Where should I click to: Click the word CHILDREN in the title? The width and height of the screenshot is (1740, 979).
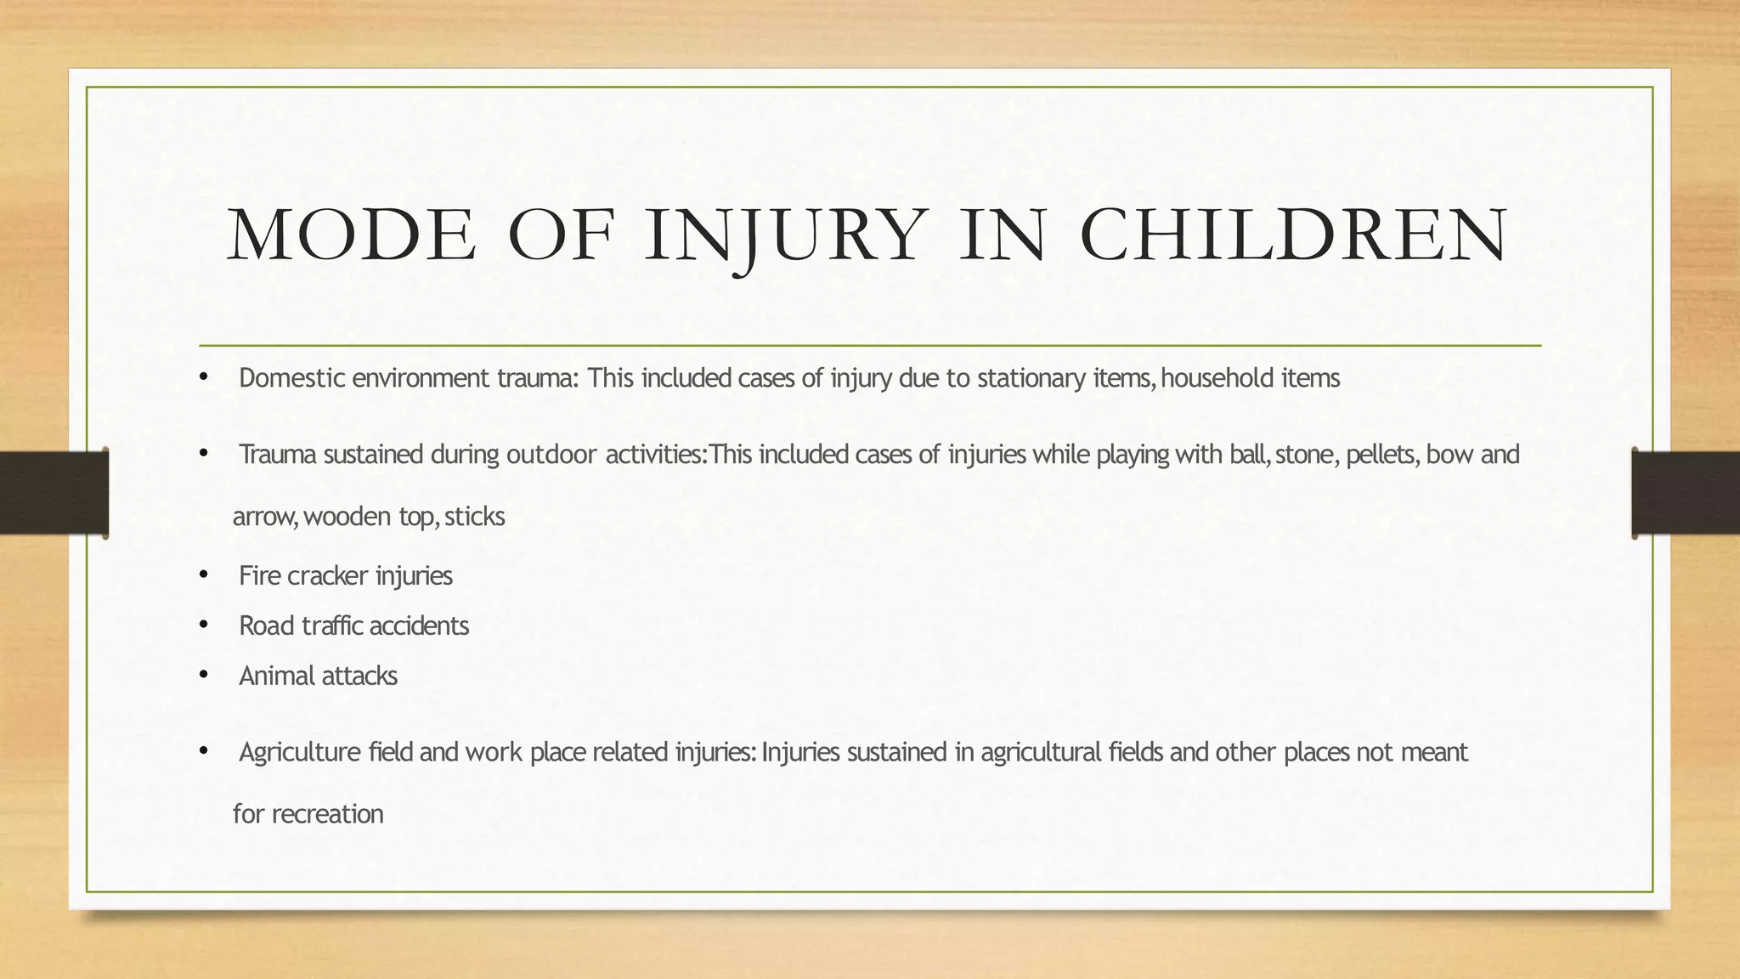tap(1294, 235)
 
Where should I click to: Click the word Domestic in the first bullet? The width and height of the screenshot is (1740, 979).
tap(291, 378)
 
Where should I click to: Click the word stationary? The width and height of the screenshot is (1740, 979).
tap(1031, 378)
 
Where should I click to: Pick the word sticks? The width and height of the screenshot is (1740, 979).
tap(474, 517)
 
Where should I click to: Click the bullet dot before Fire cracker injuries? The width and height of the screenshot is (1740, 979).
tap(203, 575)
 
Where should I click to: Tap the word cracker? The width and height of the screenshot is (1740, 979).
tap(327, 576)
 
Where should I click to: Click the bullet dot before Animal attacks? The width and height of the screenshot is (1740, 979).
tap(203, 676)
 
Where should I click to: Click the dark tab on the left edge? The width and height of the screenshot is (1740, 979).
tap(54, 493)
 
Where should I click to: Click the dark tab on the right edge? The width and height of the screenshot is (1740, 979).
tap(1686, 493)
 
